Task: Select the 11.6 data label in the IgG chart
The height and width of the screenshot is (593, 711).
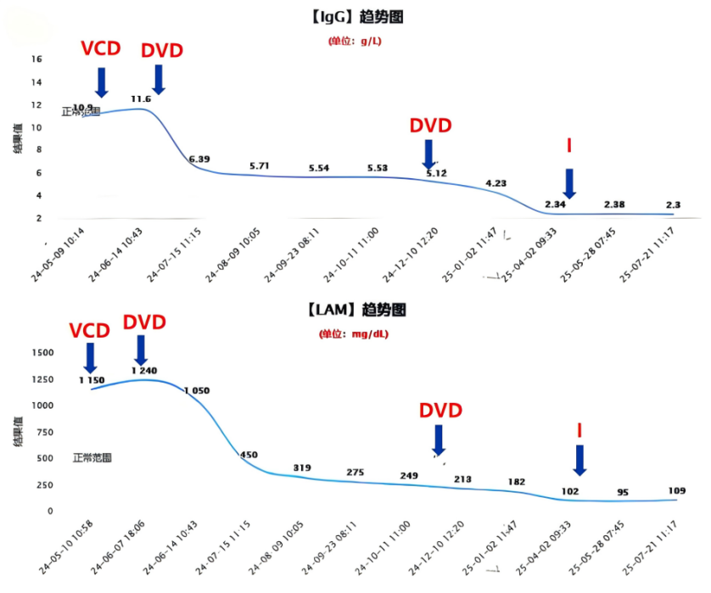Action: (x=141, y=99)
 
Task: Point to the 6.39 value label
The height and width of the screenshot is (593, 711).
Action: (x=199, y=159)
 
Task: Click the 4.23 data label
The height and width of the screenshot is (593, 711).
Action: (x=496, y=183)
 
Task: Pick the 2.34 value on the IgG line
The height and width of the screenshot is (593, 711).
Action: (x=555, y=204)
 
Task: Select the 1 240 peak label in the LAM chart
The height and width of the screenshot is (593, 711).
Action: (x=145, y=370)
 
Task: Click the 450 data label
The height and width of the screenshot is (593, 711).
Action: (x=249, y=456)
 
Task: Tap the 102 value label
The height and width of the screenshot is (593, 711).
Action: (x=570, y=491)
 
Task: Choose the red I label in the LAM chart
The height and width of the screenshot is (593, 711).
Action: (x=579, y=430)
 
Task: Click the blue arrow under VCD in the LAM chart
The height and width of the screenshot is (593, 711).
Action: (x=91, y=357)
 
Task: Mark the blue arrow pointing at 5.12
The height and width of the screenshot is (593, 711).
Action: (x=429, y=153)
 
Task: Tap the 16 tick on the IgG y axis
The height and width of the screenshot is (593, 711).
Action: (x=36, y=59)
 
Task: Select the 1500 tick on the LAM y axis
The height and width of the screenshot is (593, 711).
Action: (x=42, y=352)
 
